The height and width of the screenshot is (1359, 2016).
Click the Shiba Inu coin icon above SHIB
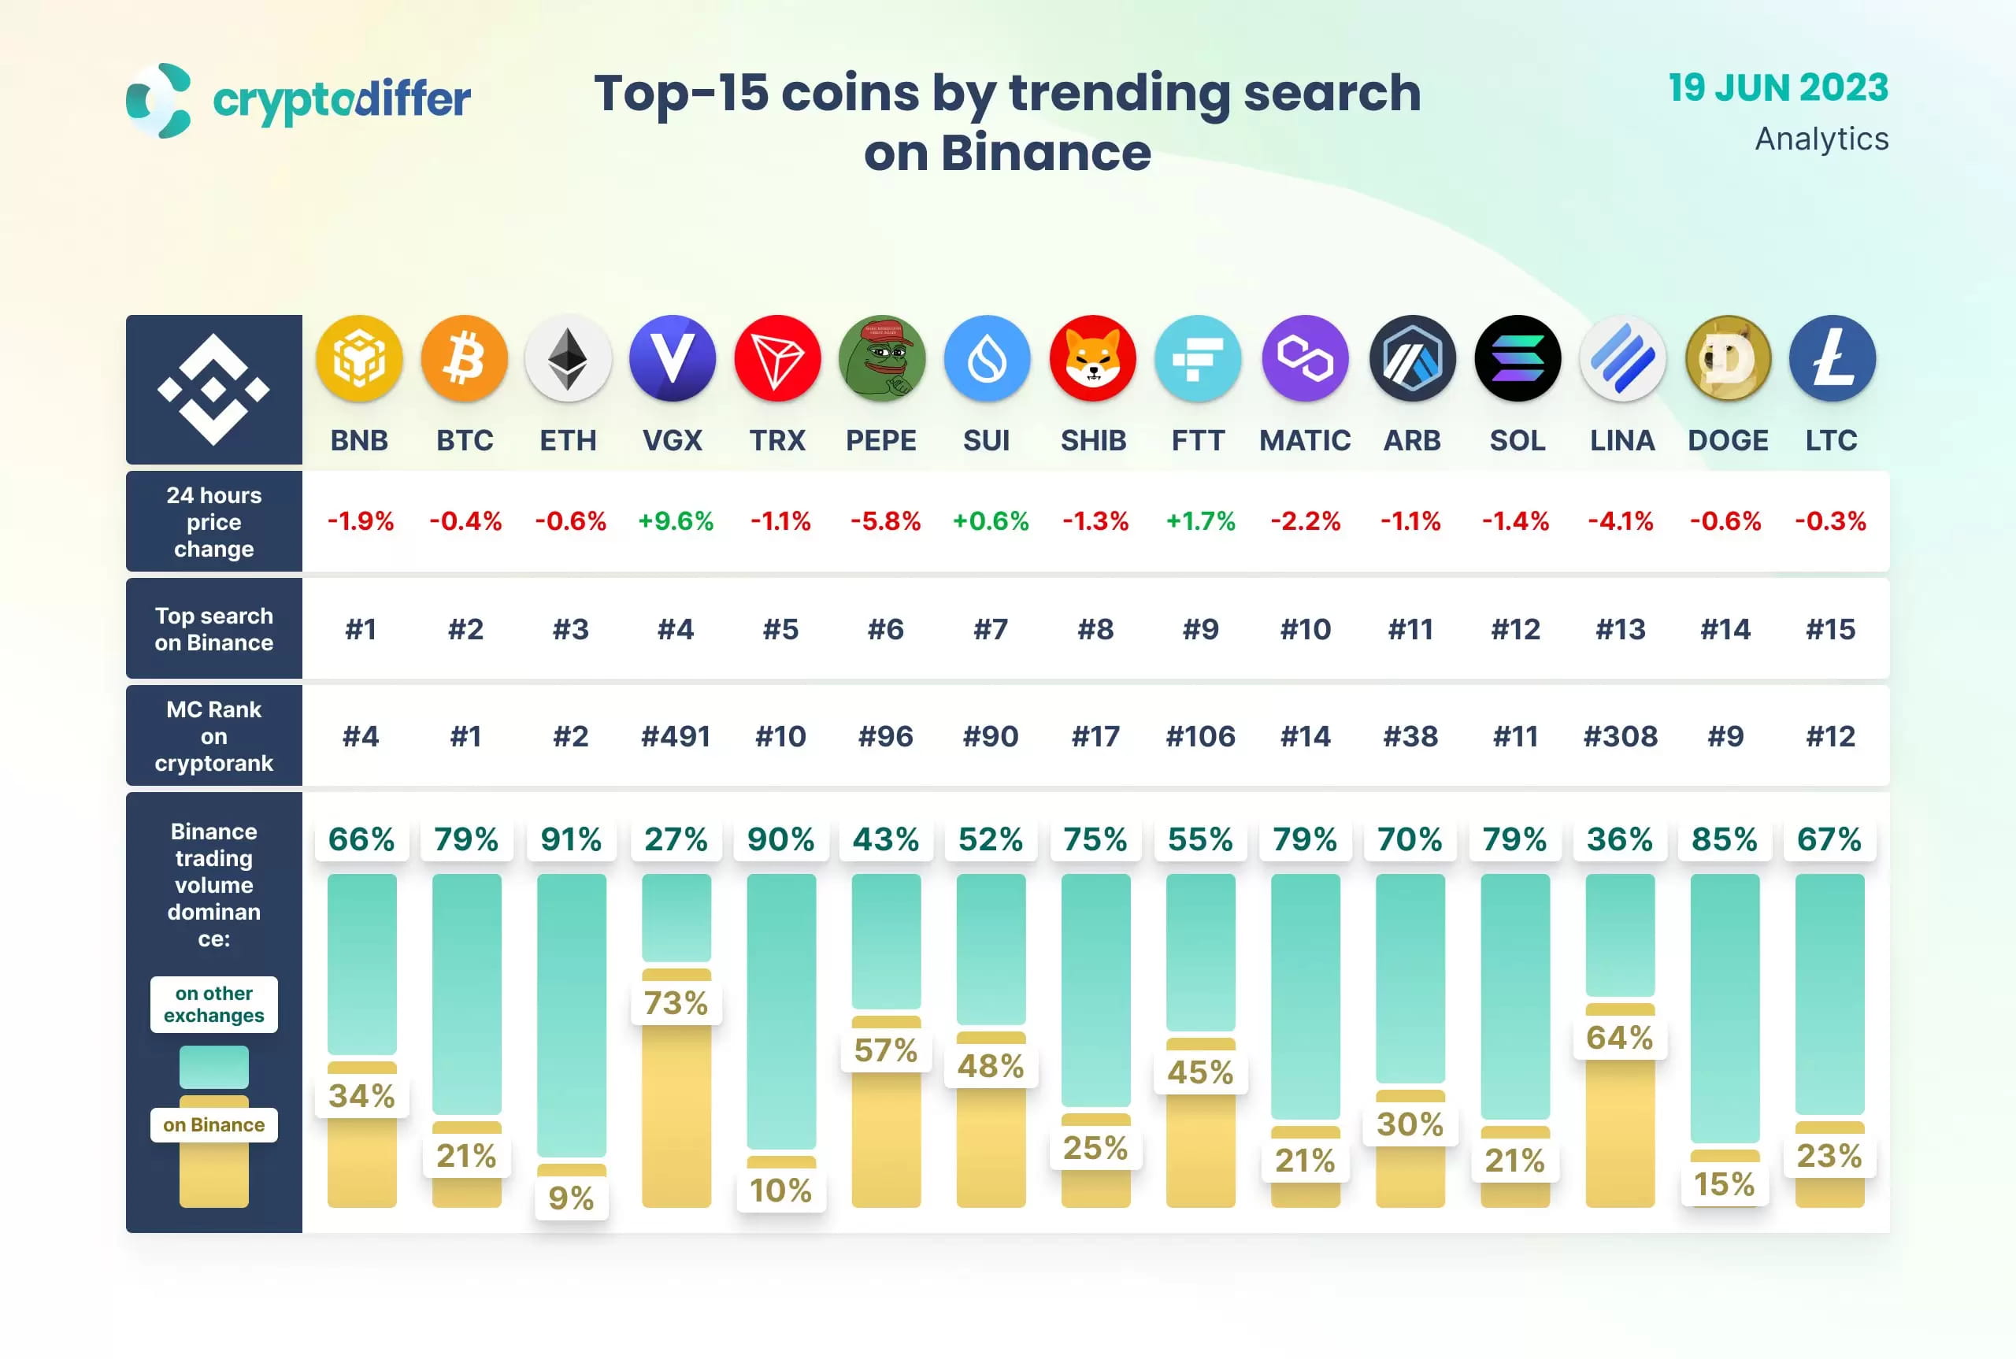1092,359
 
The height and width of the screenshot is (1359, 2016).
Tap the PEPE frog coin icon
881,359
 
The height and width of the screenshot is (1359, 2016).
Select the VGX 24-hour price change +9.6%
675,521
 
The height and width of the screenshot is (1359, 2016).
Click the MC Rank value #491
675,737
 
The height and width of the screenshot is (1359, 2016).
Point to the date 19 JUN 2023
1777,87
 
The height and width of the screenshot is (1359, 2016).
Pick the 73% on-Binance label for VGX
675,1003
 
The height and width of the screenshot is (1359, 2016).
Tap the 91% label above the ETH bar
570,839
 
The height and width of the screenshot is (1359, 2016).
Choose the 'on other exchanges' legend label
214,1004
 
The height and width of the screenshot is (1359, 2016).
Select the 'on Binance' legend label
214,1124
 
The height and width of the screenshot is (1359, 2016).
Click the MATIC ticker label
1304,440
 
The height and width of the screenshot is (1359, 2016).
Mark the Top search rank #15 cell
1829,629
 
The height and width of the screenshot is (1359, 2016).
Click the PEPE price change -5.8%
885,521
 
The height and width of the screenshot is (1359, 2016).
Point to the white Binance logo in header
213,389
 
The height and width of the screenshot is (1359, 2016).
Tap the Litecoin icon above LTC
1832,359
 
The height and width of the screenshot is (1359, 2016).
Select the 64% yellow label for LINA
1619,1038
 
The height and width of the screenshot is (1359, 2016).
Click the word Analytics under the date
1821,139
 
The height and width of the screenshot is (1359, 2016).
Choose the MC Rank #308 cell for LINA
1619,737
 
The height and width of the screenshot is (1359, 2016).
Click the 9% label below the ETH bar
570,1198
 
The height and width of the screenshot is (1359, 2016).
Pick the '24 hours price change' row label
214,522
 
